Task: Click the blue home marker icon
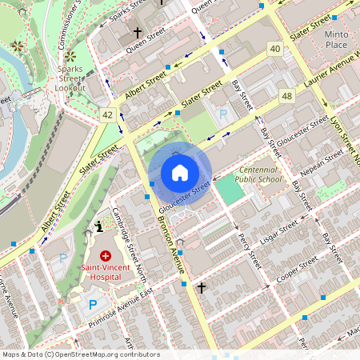tap(180, 173)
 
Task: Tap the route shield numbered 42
tap(107, 115)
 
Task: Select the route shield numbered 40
tap(275, 50)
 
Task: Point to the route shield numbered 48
tap(286, 96)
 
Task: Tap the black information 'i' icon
tap(98, 226)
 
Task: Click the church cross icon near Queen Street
tap(138, 34)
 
